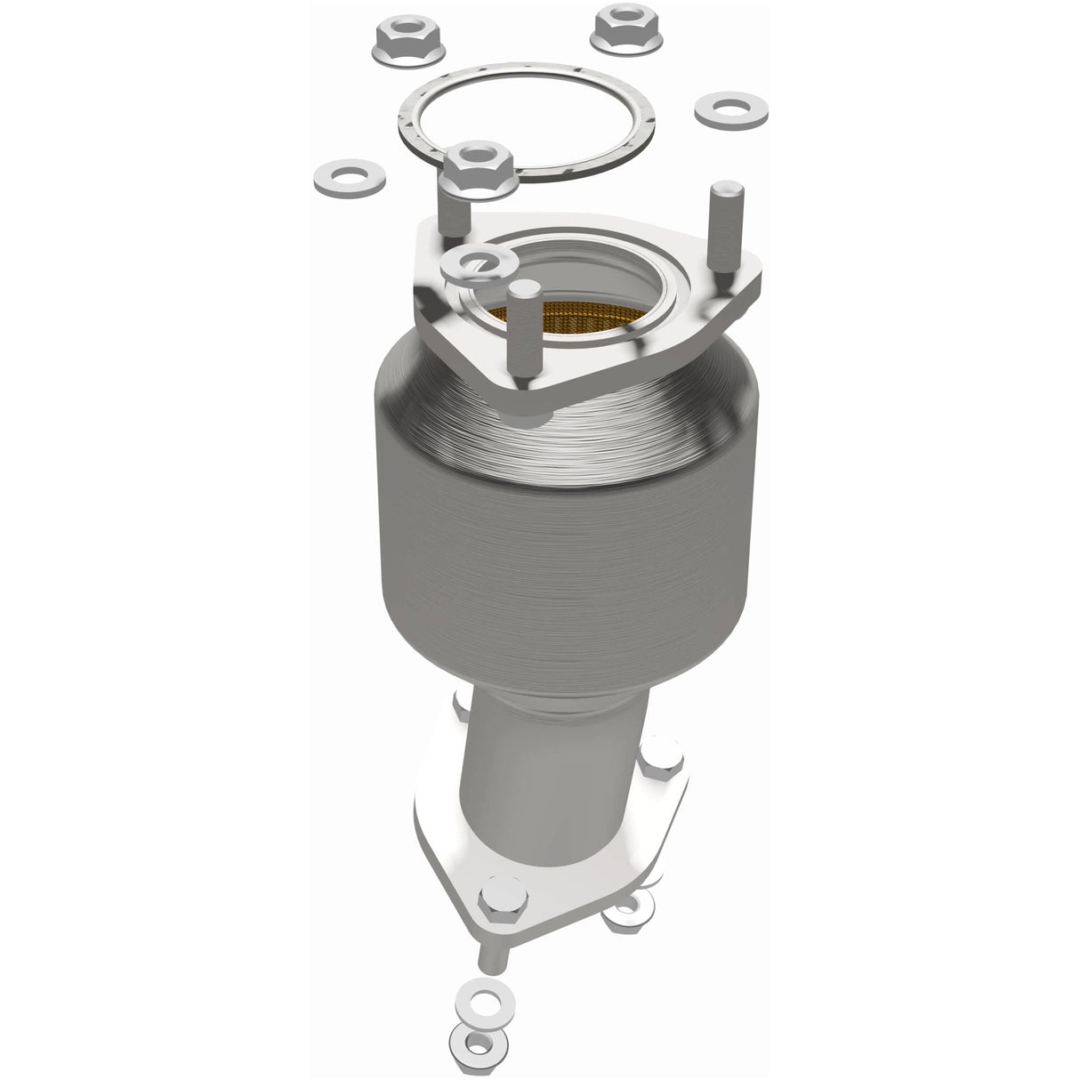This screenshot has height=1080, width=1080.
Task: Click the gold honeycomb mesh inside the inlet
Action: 569,320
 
